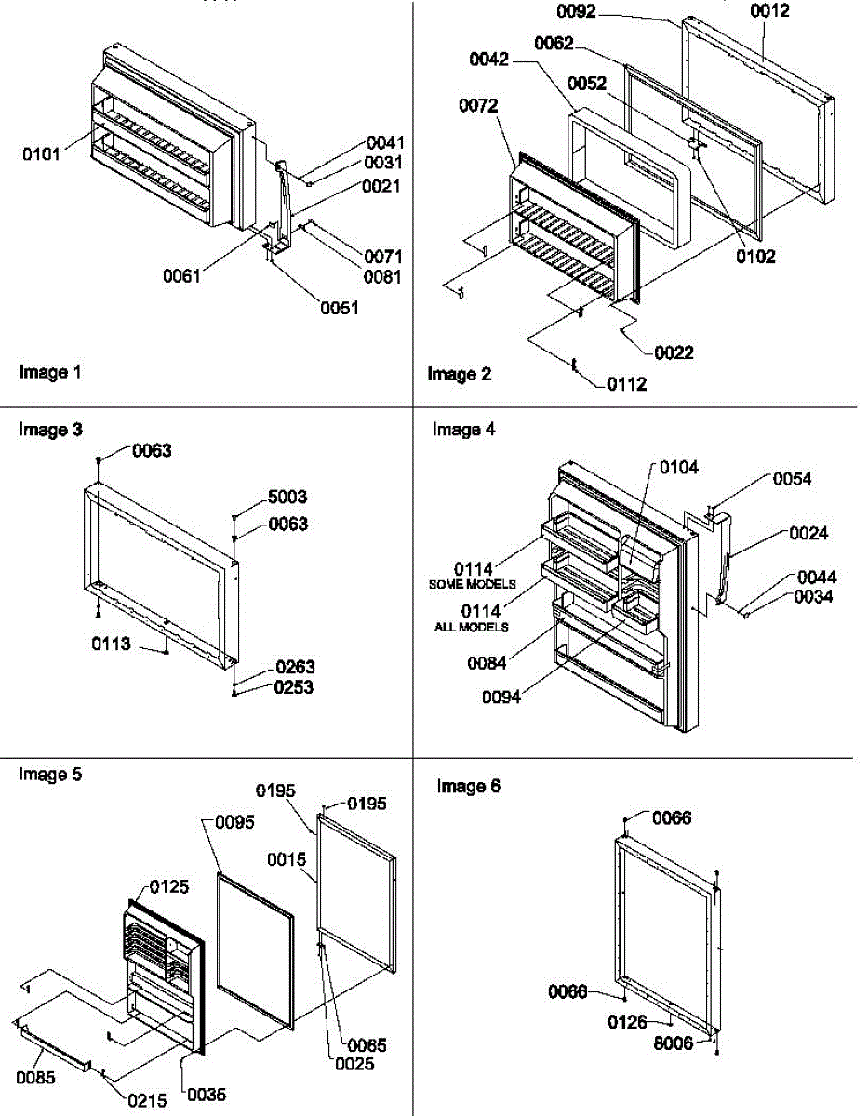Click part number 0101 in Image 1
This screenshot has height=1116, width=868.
point(41,153)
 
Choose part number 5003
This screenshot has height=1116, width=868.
point(287,498)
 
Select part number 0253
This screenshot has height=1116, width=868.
point(294,687)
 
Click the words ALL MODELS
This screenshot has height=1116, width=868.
point(472,627)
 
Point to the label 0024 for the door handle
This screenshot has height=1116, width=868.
point(808,534)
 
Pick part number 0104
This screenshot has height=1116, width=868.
point(679,467)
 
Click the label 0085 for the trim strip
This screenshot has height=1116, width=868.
point(36,1078)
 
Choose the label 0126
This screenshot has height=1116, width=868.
point(627,1023)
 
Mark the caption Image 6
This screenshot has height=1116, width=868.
point(469,787)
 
